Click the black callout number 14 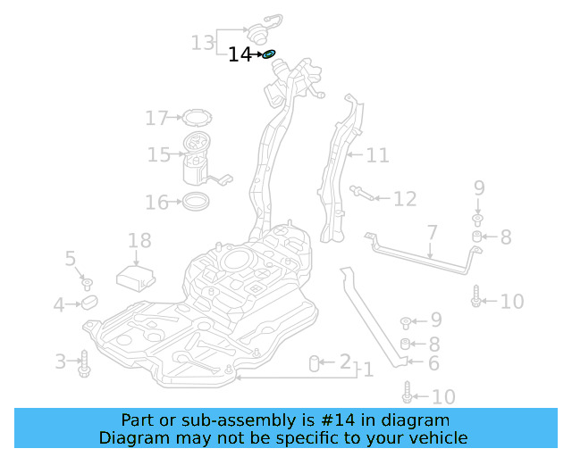pos(240,54)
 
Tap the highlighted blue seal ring pos(269,54)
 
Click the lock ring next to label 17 pos(195,117)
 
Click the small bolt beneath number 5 pos(88,284)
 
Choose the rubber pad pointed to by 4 pos(88,304)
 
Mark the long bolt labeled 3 pos(85,362)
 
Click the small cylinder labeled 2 pos(315,362)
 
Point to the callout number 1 pos(367,370)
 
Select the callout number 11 pos(377,155)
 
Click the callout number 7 pos(432,233)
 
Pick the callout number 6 pos(433,363)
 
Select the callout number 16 pos(156,203)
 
